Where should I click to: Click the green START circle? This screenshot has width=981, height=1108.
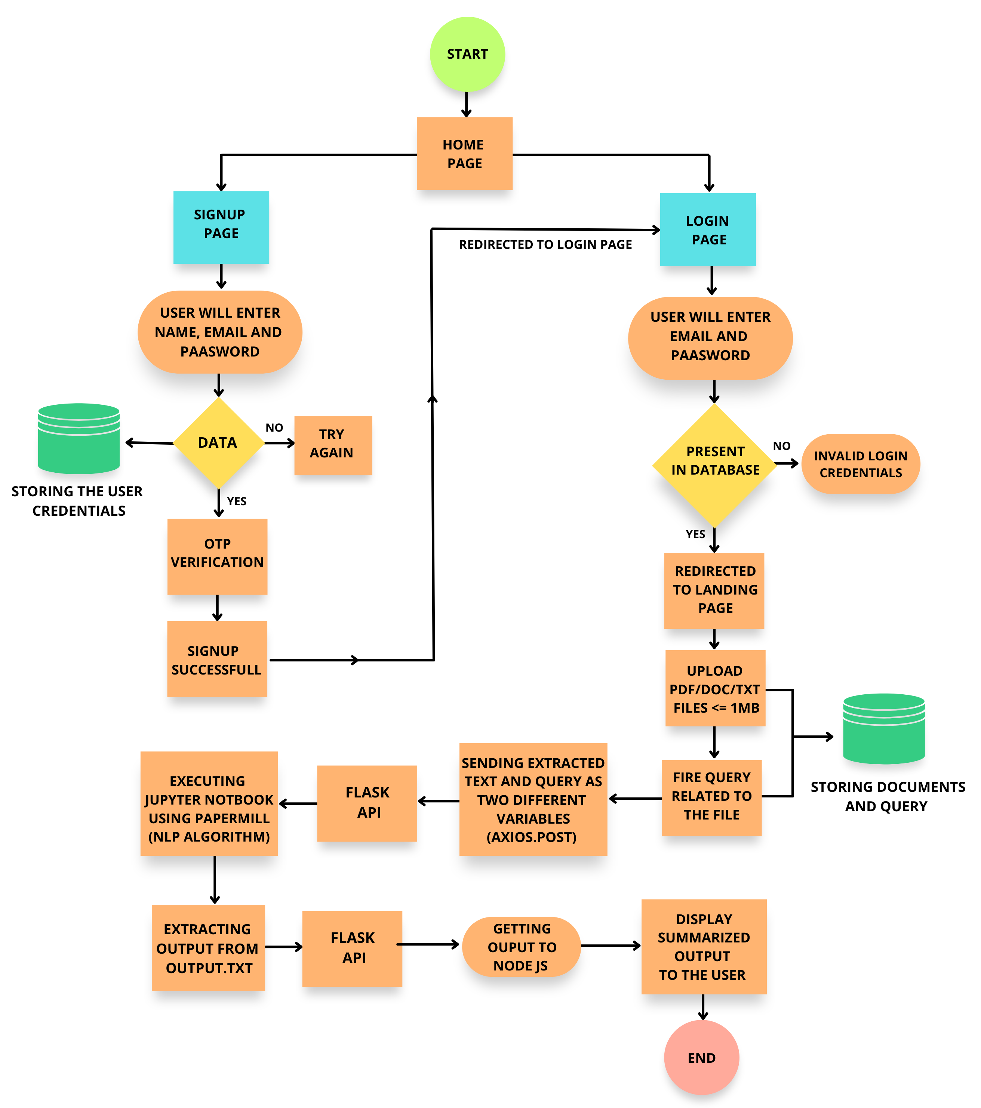pyautogui.click(x=467, y=54)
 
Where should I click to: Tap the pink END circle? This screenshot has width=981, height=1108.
pyautogui.click(x=701, y=1057)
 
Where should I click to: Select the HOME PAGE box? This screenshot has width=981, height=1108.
pyautogui.click(x=464, y=154)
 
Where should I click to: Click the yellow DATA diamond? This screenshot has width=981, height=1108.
pyautogui.click(x=218, y=443)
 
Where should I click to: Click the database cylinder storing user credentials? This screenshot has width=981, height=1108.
pyautogui.click(x=79, y=439)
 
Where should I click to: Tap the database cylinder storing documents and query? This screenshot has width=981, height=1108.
pyautogui.click(x=883, y=729)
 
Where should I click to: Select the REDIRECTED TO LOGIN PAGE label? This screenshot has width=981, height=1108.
pyautogui.click(x=545, y=244)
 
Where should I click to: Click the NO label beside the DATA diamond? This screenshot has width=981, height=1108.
pyautogui.click(x=274, y=428)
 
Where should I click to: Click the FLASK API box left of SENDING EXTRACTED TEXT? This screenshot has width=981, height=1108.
pyautogui.click(x=367, y=803)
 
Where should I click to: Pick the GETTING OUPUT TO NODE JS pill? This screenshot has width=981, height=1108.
pyautogui.click(x=521, y=947)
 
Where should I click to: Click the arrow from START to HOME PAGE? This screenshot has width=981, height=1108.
pyautogui.click(x=466, y=105)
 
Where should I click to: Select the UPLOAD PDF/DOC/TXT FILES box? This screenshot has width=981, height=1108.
pyautogui.click(x=715, y=688)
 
